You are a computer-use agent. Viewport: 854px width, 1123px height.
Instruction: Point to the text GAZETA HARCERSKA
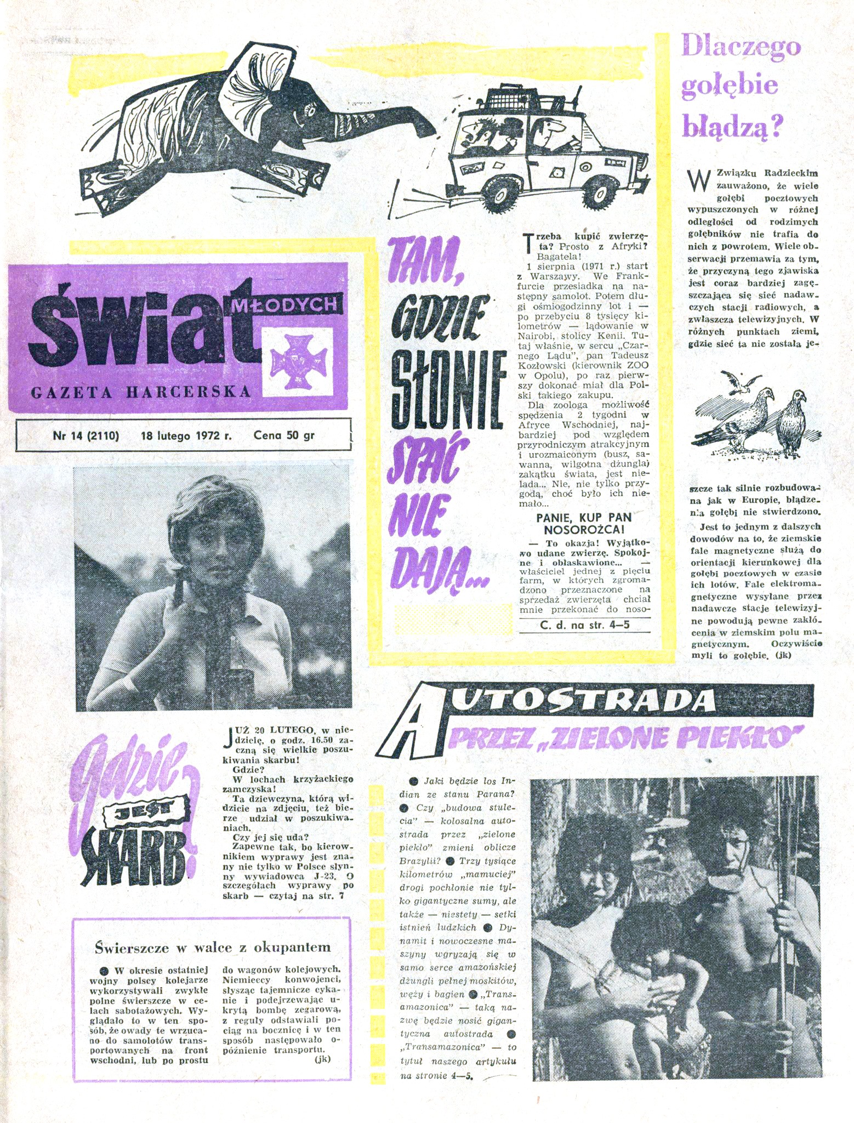tap(141, 392)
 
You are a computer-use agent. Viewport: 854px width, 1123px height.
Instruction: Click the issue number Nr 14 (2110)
tap(86, 436)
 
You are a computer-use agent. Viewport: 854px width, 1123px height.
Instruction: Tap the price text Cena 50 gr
tap(284, 436)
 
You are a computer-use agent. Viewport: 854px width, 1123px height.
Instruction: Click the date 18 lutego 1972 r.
tap(186, 436)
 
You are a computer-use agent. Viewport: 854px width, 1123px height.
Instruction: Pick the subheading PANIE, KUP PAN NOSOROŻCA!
tap(584, 523)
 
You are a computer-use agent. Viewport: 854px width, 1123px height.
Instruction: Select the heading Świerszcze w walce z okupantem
tap(213, 946)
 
